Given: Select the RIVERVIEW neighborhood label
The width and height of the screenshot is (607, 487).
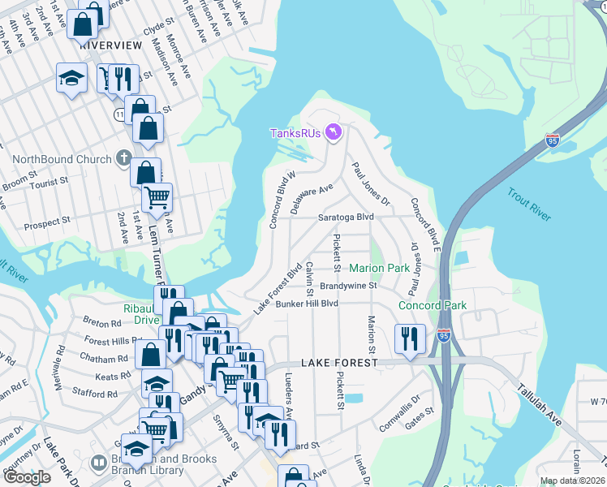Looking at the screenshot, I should pyautogui.click(x=111, y=46).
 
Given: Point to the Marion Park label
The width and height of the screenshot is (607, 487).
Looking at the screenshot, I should pyautogui.click(x=379, y=268).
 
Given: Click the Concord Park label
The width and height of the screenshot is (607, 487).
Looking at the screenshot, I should pyautogui.click(x=433, y=306).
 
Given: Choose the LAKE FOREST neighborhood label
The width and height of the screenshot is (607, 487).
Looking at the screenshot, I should pyautogui.click(x=339, y=363).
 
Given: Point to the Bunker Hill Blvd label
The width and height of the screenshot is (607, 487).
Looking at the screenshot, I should pyautogui.click(x=307, y=304).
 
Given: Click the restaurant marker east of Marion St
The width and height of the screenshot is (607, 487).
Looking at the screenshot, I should pyautogui.click(x=410, y=339).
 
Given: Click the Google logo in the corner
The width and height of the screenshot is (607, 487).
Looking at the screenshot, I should pyautogui.click(x=27, y=477).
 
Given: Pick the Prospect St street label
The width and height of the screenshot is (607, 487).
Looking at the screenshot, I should pyautogui.click(x=48, y=222).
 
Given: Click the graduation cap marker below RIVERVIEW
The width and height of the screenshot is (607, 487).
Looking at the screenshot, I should pyautogui.click(x=71, y=80).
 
